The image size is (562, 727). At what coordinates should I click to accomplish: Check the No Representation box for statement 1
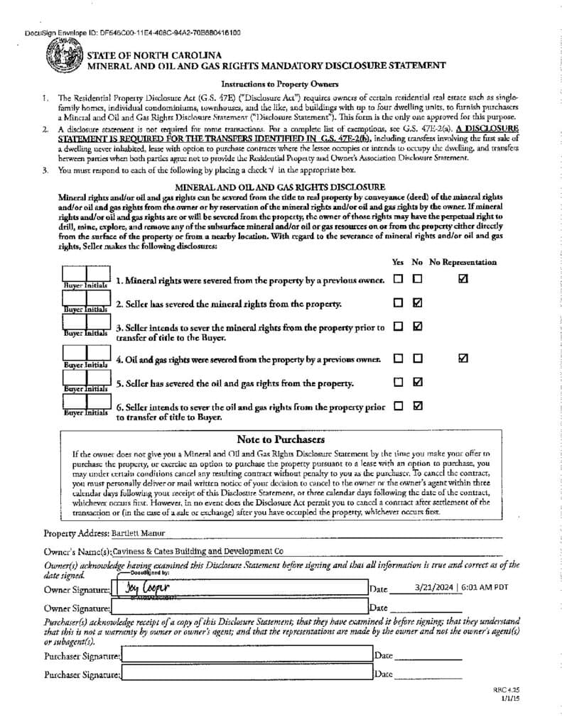tap(463, 280)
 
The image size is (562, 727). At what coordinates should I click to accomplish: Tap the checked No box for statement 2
tap(418, 303)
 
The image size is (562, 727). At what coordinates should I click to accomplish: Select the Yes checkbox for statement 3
tap(399, 327)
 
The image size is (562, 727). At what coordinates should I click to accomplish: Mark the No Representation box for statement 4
tap(463, 359)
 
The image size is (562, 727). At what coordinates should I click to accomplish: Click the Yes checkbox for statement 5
tap(399, 382)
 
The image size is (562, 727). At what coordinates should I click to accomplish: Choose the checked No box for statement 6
tap(418, 406)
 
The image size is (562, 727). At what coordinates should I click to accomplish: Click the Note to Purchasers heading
tap(281, 439)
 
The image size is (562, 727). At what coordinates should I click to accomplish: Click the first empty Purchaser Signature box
tap(246, 655)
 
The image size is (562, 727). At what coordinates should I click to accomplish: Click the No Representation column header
tap(463, 262)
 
